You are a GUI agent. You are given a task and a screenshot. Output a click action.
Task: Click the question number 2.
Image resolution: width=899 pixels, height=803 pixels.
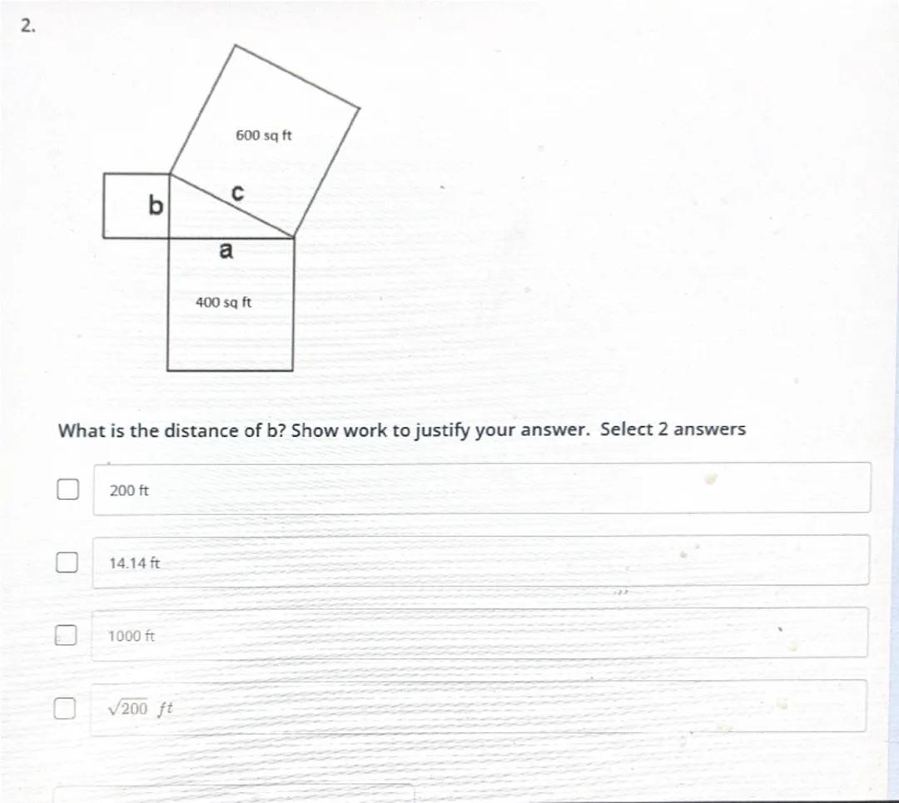coord(27,26)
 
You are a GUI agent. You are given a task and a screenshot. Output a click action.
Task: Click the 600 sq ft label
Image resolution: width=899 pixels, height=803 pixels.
coord(264,136)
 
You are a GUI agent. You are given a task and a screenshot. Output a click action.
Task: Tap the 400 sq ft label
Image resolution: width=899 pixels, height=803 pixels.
coord(224,302)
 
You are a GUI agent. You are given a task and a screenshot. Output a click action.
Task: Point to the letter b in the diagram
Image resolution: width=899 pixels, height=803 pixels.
coord(156,205)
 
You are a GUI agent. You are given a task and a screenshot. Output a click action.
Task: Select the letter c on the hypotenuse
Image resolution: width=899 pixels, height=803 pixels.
coord(237,192)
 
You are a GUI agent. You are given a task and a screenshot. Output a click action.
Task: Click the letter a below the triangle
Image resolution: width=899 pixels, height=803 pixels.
coord(226,250)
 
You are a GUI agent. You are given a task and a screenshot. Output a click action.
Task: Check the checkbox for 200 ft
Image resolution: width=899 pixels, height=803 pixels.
coord(67,489)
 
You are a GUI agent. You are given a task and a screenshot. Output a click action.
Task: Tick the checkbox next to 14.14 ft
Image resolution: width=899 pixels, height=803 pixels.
coord(67,563)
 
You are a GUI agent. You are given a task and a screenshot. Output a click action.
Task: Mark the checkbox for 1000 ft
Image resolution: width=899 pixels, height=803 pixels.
coord(66,634)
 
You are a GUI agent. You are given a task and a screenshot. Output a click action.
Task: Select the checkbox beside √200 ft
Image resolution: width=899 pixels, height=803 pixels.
coord(64,708)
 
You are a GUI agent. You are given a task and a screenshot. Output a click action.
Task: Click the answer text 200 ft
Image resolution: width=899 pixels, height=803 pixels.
coord(129,491)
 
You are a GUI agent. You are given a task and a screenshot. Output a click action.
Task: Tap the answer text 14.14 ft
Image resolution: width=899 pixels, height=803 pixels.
coord(135,563)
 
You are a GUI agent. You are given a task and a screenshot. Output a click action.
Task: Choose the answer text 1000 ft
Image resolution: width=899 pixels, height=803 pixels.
coord(132,636)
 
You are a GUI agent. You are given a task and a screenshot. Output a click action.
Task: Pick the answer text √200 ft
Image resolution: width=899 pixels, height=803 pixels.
coord(140,708)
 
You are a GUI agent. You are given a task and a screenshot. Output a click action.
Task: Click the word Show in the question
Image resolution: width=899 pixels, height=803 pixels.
coord(313,430)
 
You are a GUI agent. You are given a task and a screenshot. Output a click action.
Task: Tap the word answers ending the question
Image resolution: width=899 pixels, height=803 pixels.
coord(710,429)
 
